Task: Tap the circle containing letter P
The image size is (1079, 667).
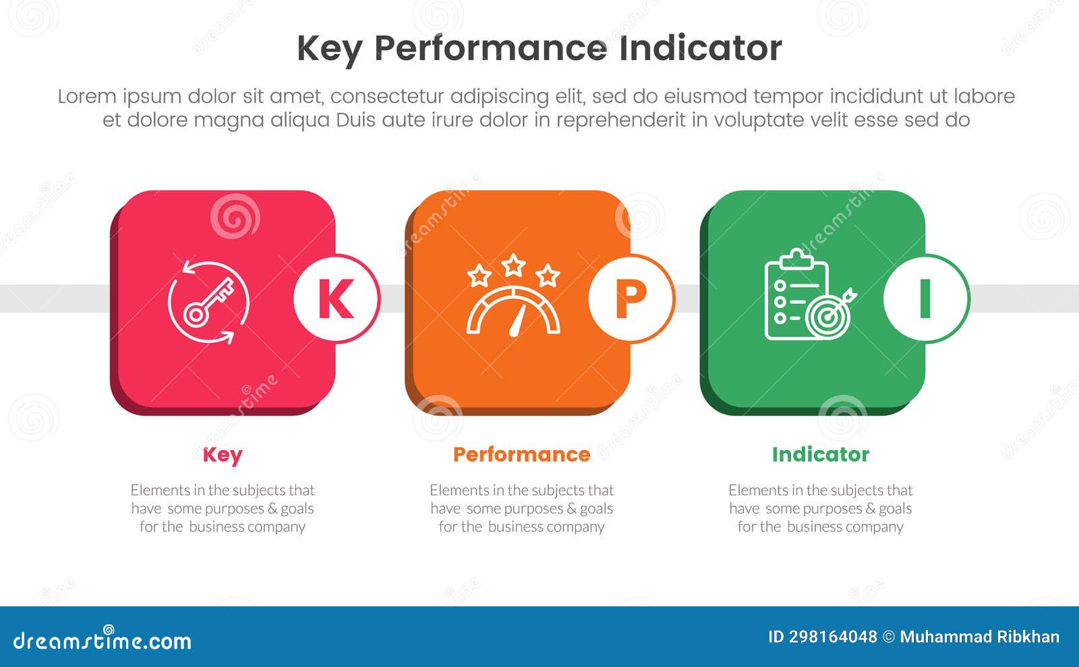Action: (631, 298)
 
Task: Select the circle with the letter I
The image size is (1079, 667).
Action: (926, 298)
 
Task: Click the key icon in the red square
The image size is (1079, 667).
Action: (208, 302)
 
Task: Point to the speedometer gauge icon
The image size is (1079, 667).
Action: (514, 310)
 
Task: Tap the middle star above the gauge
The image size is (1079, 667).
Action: (514, 265)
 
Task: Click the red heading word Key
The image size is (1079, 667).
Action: (223, 455)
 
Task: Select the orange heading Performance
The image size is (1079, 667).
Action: (521, 455)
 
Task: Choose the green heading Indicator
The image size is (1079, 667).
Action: (820, 455)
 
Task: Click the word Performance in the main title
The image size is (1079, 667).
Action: (490, 49)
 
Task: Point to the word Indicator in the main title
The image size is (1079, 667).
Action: (700, 49)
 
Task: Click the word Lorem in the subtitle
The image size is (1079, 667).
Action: (86, 96)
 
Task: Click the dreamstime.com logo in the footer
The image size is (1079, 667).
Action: (103, 640)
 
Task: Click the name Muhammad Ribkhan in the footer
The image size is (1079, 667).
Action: (979, 637)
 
